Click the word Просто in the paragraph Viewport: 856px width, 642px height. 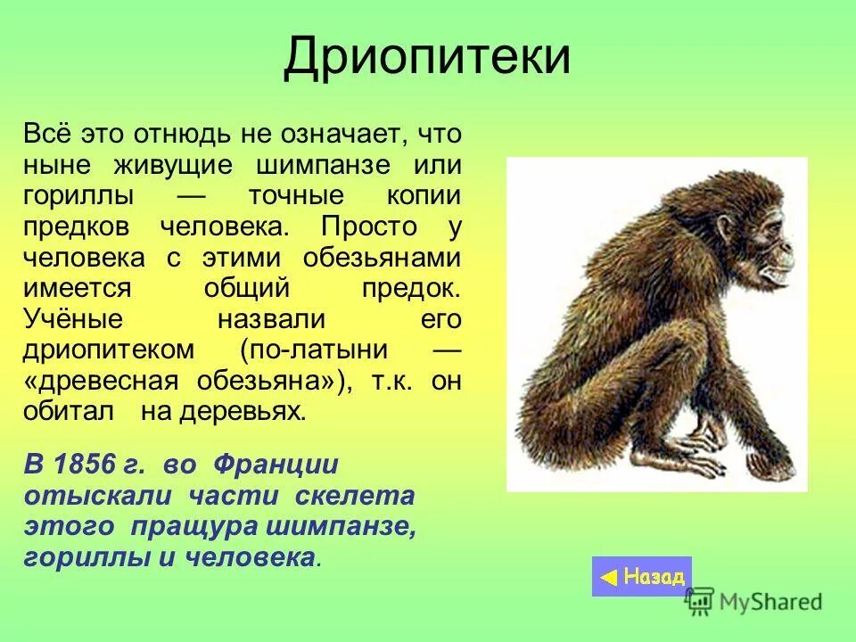369,226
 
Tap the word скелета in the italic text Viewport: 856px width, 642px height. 357,496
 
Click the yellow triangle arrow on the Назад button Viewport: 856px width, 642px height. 608,578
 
